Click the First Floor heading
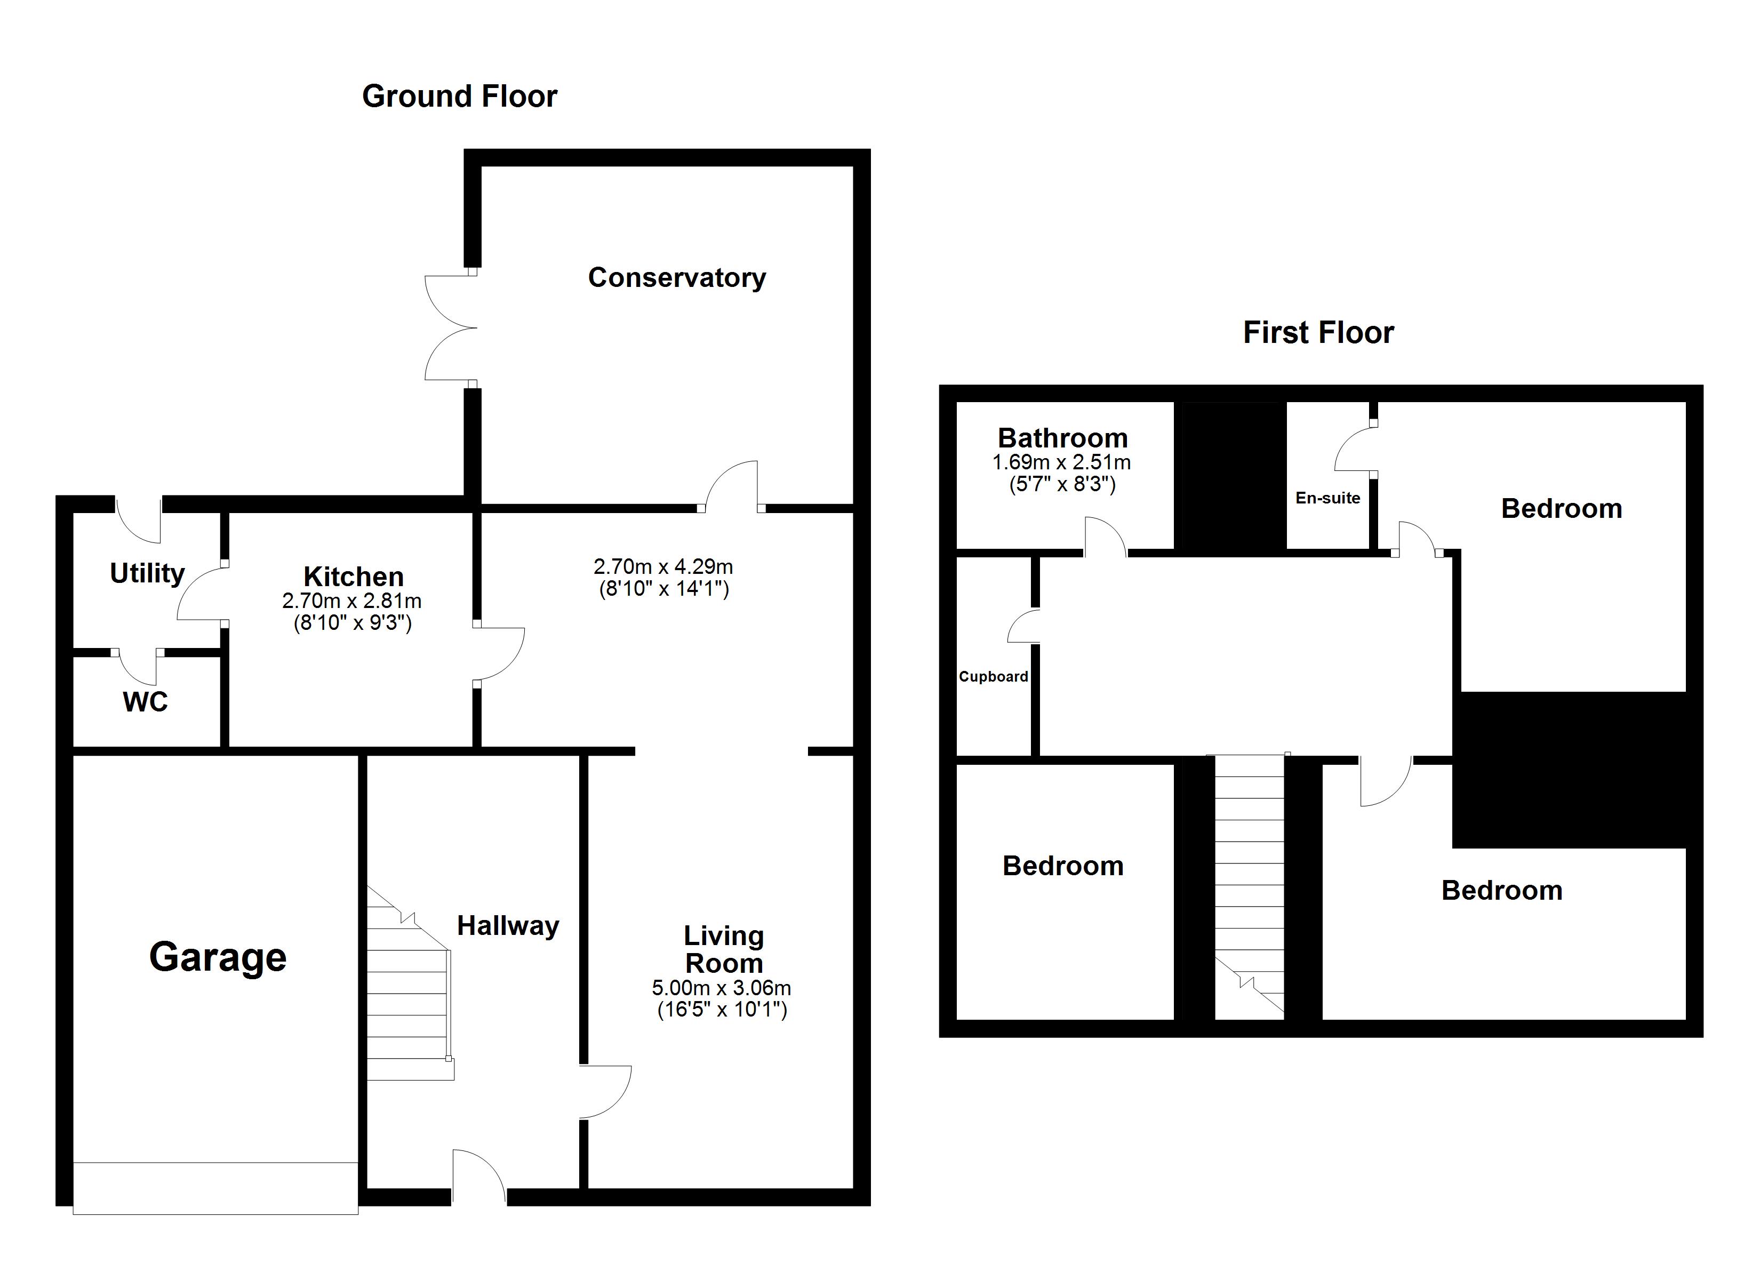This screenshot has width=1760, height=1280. pos(1318,333)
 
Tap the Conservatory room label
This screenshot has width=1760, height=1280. pos(677,278)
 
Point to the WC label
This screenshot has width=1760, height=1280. pos(145,702)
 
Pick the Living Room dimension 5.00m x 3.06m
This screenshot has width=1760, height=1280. pos(721,988)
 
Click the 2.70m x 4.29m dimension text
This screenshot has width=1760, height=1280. pos(663,566)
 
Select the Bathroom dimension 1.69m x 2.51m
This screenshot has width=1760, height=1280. pos(1061,462)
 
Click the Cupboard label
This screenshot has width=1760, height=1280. pos(993,677)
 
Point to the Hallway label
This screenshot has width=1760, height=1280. pos(508,926)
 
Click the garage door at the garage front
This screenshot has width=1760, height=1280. pos(215,1188)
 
